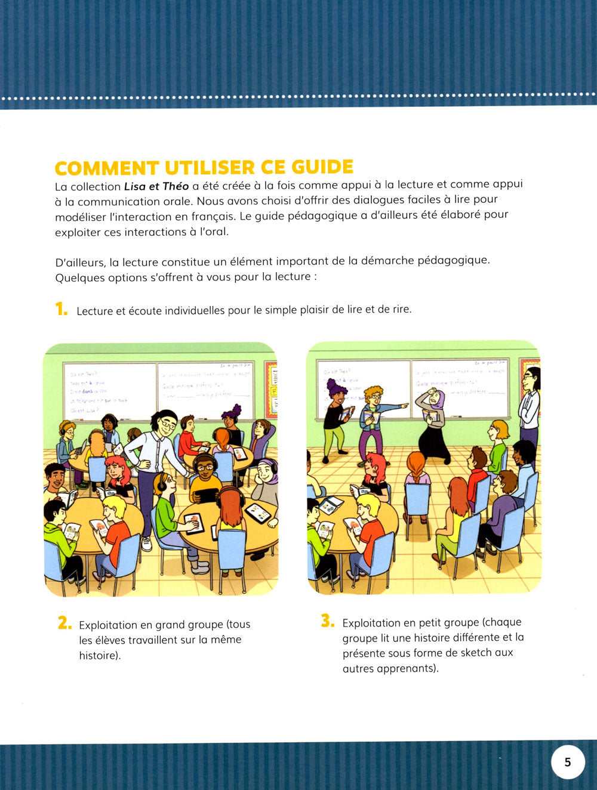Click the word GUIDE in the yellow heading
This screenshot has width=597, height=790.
[322, 167]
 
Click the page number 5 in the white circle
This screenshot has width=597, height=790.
[567, 762]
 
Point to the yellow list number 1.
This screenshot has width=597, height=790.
[61, 309]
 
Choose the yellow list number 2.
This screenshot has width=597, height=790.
[64, 623]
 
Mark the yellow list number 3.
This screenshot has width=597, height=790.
[328, 621]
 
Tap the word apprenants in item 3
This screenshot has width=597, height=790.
[407, 668]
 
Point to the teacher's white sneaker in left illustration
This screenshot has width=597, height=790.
[146, 543]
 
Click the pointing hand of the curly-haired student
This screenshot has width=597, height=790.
[404, 406]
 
